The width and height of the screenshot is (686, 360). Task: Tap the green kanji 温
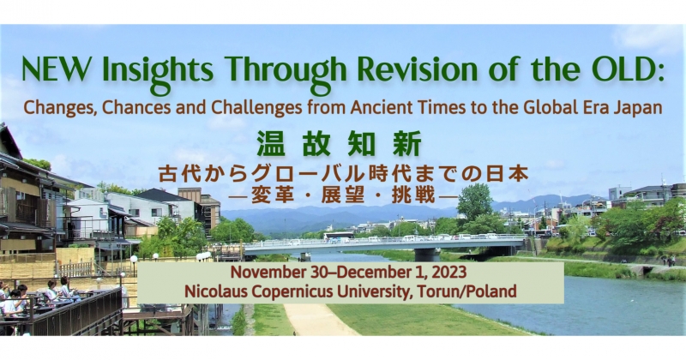269,144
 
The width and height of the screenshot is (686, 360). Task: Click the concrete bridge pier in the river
427,255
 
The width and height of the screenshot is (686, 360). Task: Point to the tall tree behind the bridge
475,202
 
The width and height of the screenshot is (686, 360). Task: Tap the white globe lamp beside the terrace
134,259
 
